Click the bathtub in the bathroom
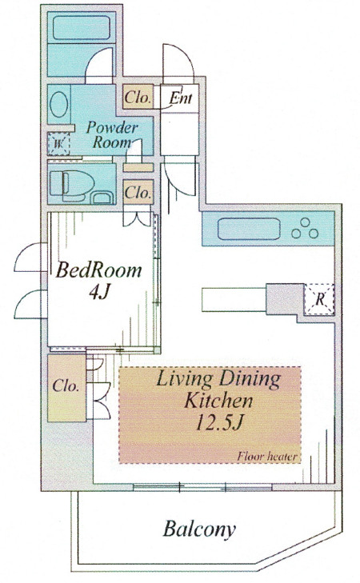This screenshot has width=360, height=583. pos(82,27)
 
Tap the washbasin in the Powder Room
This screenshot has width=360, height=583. pos(58,104)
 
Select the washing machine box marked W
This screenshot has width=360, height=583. pos(58,144)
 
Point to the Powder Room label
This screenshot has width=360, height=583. pos(111,134)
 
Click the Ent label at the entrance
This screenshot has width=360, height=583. pos(181,98)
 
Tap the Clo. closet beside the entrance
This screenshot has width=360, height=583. pos(138,97)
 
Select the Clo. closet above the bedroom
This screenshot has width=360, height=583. pos(138,192)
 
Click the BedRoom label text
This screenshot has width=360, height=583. pos(99,270)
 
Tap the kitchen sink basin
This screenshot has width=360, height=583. pos(249,229)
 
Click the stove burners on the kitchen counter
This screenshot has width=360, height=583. pos(305,228)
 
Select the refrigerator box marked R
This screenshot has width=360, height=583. pos(319,300)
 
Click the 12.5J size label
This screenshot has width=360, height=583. pos(219,423)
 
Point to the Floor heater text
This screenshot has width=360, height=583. pos(267,456)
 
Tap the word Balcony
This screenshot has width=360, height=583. pos(199,529)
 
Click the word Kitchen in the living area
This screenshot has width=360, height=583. pos(218,401)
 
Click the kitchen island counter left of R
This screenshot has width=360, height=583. pos(234,299)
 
